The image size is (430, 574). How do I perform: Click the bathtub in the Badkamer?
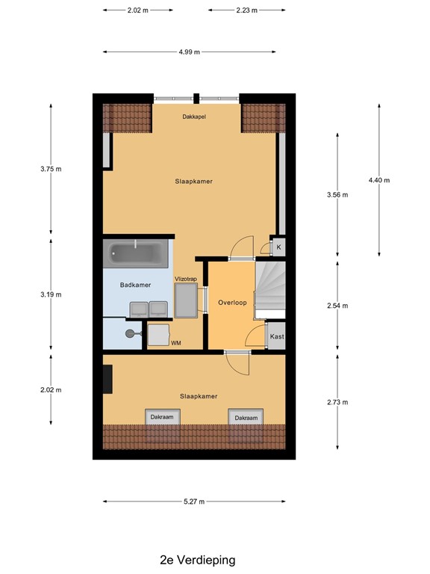point(136,253)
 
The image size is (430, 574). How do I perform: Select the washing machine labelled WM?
point(159,336)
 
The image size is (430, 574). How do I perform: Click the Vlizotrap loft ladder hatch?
point(186,300)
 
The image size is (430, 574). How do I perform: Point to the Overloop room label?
point(232,303)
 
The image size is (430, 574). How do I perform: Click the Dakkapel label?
point(194,117)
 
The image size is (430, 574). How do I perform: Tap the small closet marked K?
point(278,247)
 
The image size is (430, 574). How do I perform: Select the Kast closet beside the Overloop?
point(276,336)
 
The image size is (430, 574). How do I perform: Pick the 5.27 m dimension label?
point(194,502)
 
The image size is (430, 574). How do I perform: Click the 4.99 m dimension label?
point(190,52)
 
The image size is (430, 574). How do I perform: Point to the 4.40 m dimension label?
point(379,180)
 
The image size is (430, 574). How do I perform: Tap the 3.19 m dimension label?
point(51,294)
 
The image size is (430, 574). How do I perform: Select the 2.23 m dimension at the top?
point(247,10)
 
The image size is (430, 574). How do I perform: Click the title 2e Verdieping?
point(198,560)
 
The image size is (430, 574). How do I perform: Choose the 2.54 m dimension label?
point(337,305)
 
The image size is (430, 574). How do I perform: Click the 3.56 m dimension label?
point(337,195)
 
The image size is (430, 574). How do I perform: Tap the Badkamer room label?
point(135,285)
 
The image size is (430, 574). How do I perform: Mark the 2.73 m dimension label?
point(337,402)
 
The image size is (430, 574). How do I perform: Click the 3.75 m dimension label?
point(51,169)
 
